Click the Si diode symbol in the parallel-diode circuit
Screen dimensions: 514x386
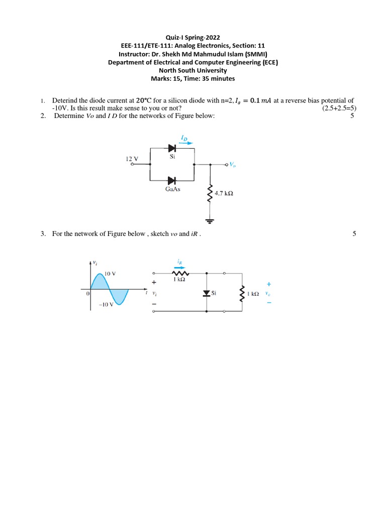click(x=172, y=148)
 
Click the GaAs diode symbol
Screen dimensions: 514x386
click(x=172, y=180)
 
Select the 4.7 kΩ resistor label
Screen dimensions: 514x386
click(x=224, y=193)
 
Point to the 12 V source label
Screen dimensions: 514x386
click(x=132, y=159)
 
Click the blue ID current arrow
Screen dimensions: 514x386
click(x=186, y=142)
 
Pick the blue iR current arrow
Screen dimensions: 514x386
click(x=179, y=267)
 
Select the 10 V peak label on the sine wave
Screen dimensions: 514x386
click(x=110, y=274)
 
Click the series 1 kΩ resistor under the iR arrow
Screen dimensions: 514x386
click(x=179, y=274)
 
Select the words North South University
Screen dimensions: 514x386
click(x=193, y=70)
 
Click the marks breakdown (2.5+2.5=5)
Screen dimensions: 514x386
click(x=339, y=108)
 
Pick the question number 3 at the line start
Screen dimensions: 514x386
click(x=44, y=233)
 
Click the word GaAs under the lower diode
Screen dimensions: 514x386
click(x=173, y=189)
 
